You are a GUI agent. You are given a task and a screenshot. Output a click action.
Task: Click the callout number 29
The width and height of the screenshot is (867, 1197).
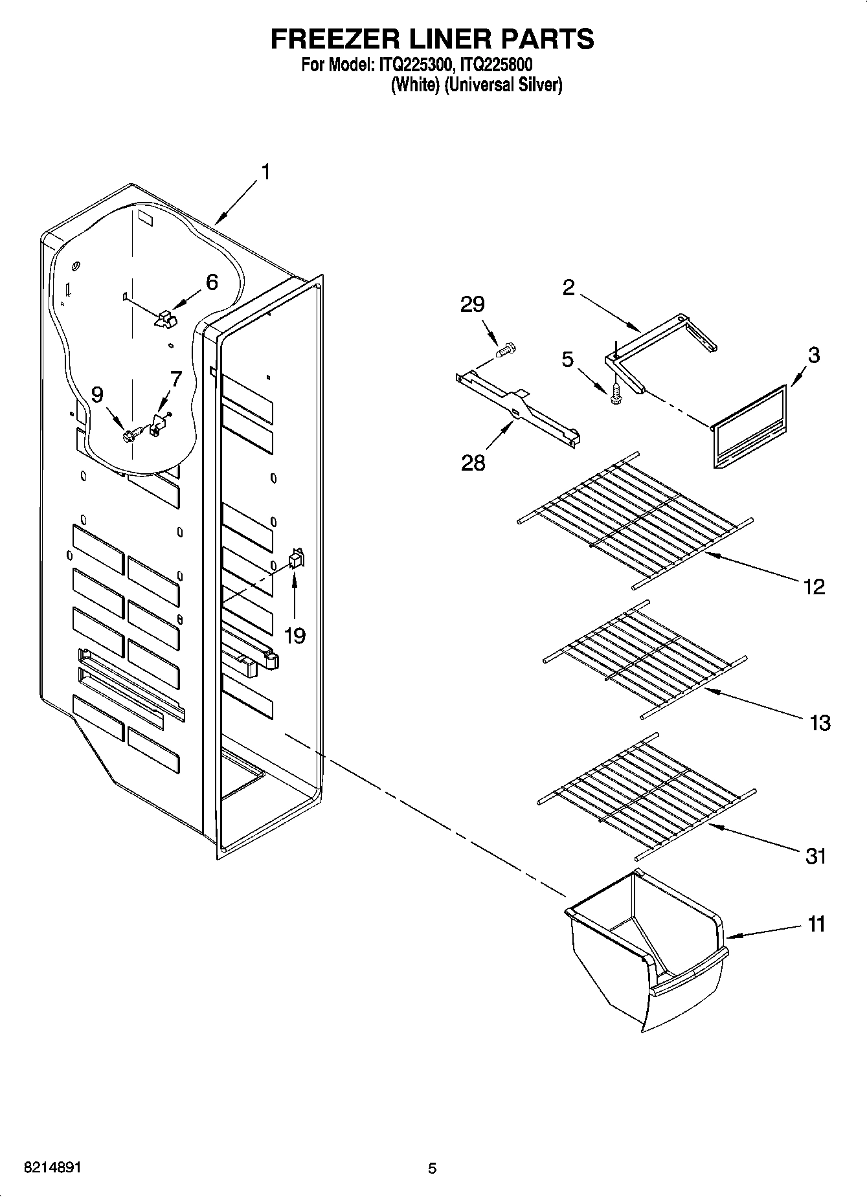tap(472, 304)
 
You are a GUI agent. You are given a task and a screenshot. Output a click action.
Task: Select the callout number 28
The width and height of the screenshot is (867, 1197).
tap(473, 463)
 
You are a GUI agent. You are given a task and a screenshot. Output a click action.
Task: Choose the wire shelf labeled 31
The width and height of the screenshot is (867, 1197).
tap(647, 796)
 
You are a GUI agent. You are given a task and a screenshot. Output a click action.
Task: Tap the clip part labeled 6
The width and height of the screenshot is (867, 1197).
tap(166, 318)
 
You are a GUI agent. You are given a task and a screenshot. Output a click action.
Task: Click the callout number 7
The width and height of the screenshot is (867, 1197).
tap(175, 379)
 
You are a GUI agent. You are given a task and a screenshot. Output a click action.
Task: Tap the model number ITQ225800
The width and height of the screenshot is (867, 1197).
tap(495, 65)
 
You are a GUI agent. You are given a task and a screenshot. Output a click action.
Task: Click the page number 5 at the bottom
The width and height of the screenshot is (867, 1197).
tap(432, 1169)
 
